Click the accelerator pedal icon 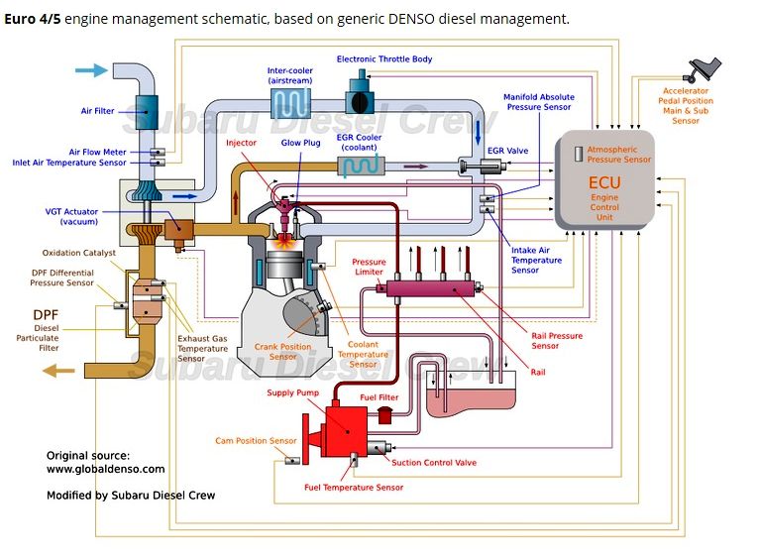pos(703,69)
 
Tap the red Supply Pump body pos(346,432)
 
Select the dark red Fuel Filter pos(384,415)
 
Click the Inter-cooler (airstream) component pos(290,103)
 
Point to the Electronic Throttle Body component pos(360,95)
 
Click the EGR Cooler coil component pos(361,166)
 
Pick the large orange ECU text pos(604,182)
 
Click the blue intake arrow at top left pos(91,70)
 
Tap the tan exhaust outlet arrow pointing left pos(58,372)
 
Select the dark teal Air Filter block pos(146,112)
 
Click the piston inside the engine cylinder pos(284,265)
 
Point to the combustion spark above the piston pos(284,242)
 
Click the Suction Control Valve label pos(434,463)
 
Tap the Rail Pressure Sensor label pos(557,341)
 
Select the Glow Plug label pos(300,143)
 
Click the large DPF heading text pos(46,315)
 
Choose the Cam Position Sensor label pos(256,441)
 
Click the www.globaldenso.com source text pos(105,469)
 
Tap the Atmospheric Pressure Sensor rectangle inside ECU pos(578,154)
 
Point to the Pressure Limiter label pos(369,267)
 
